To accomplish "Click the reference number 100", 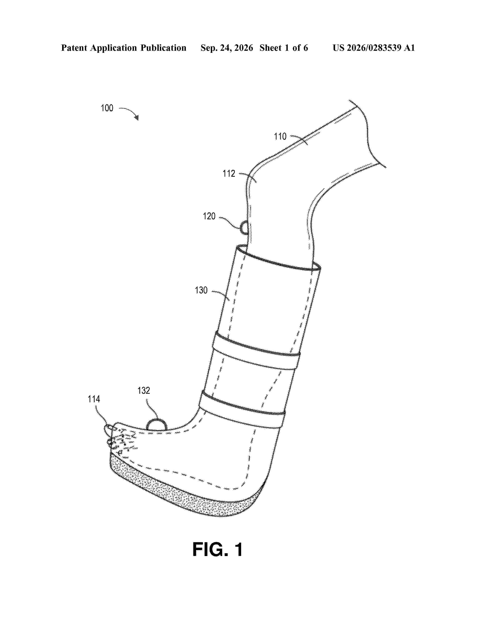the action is click(107, 108).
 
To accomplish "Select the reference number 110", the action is click(280, 137).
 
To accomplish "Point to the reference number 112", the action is click(229, 173).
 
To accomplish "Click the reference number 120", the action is click(209, 216).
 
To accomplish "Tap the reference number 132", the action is click(144, 390).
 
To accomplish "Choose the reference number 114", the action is click(94, 399).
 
